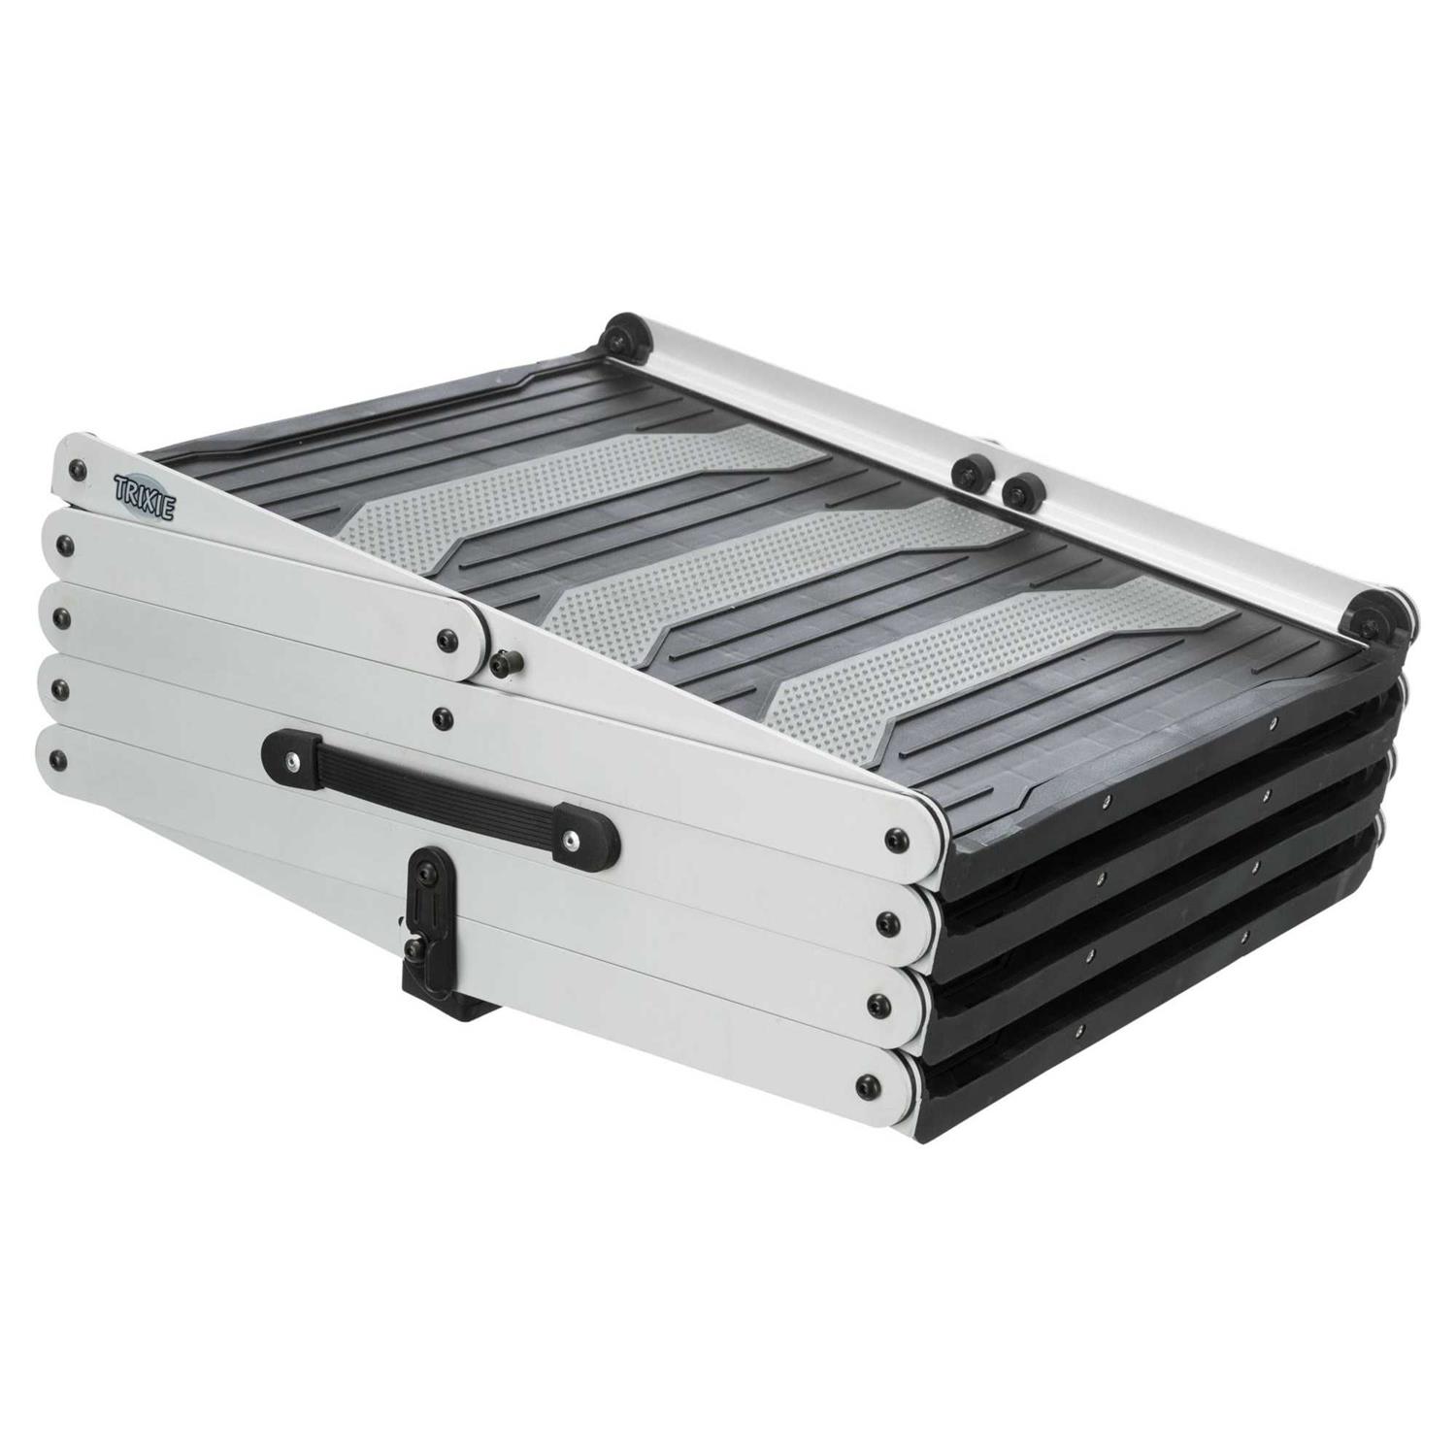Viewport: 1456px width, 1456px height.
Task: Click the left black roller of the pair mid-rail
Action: point(967,472)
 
